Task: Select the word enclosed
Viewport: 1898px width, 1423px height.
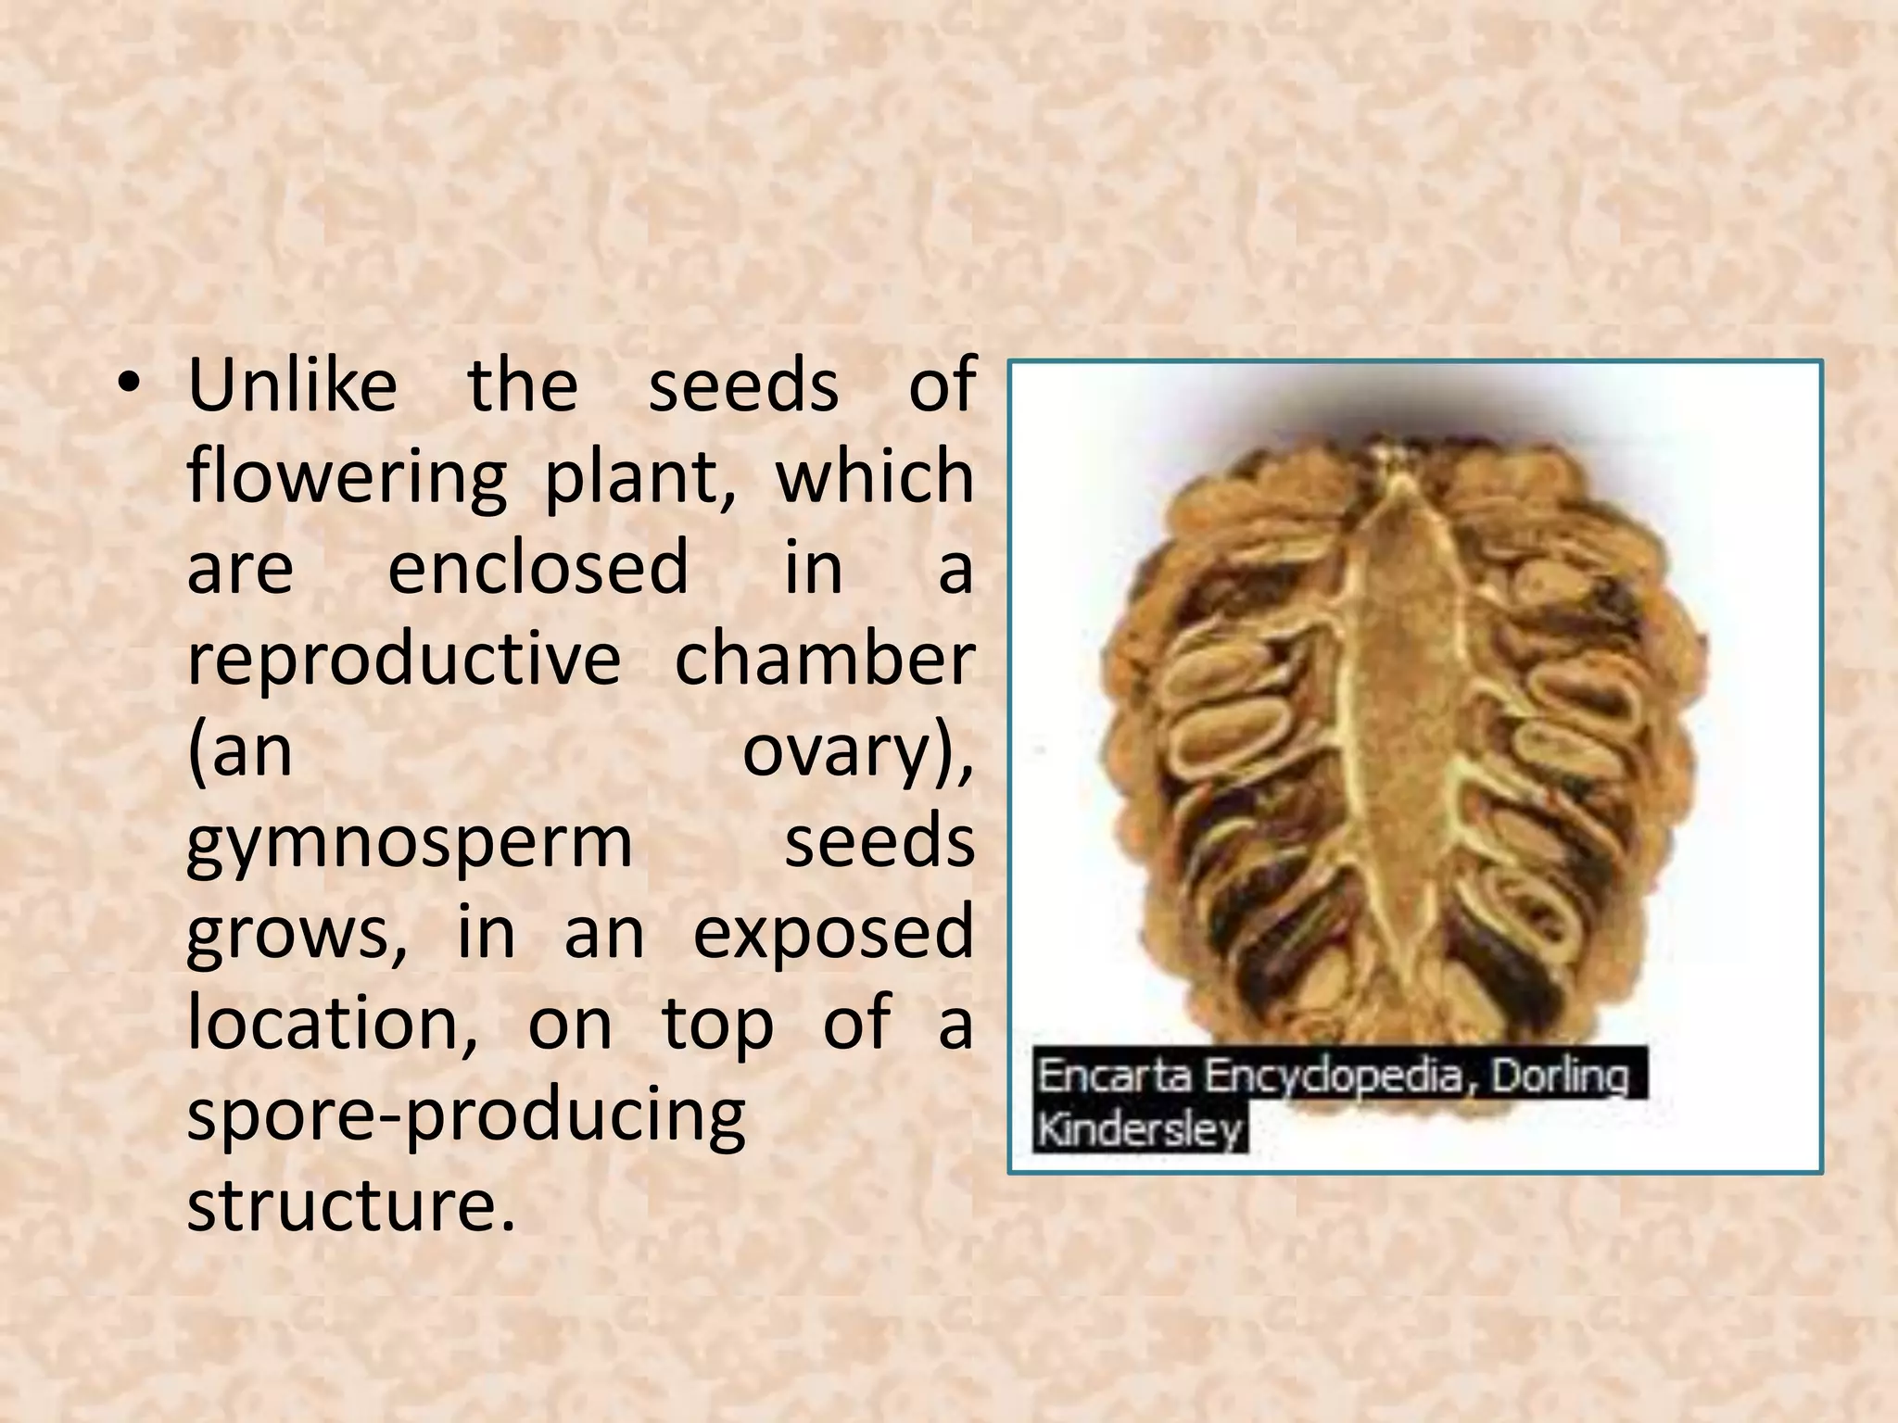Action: coord(538,567)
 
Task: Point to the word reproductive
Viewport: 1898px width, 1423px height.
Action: coord(404,660)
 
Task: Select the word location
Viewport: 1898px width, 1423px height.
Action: coord(333,1023)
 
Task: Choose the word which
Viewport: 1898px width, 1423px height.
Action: coord(874,476)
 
